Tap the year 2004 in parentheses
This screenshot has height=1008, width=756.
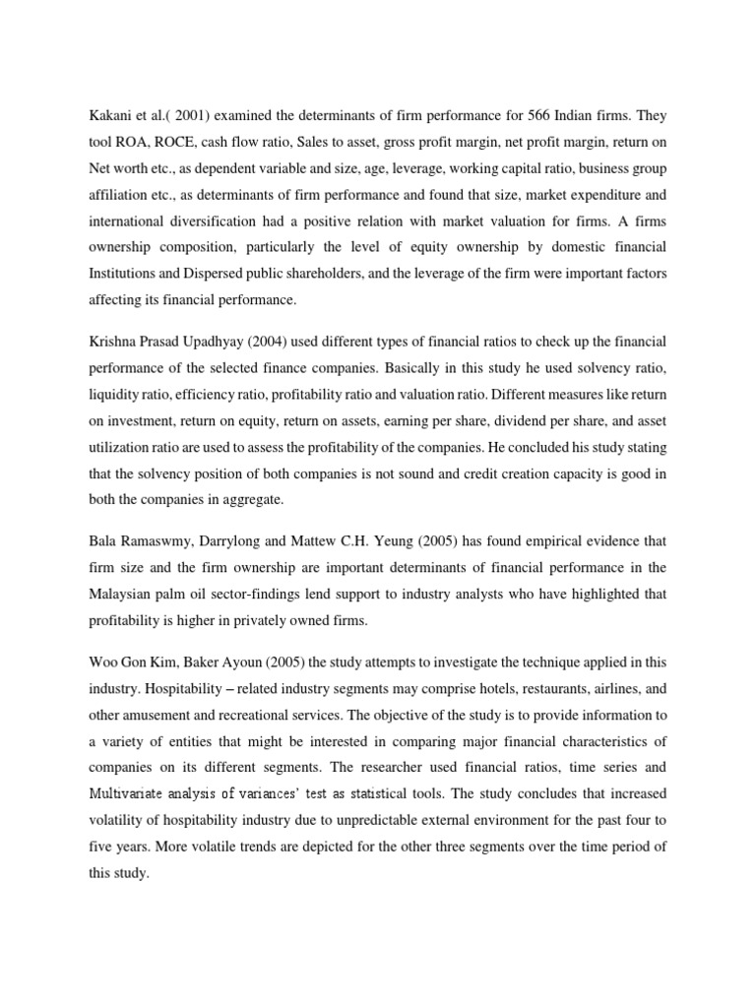(286, 341)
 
